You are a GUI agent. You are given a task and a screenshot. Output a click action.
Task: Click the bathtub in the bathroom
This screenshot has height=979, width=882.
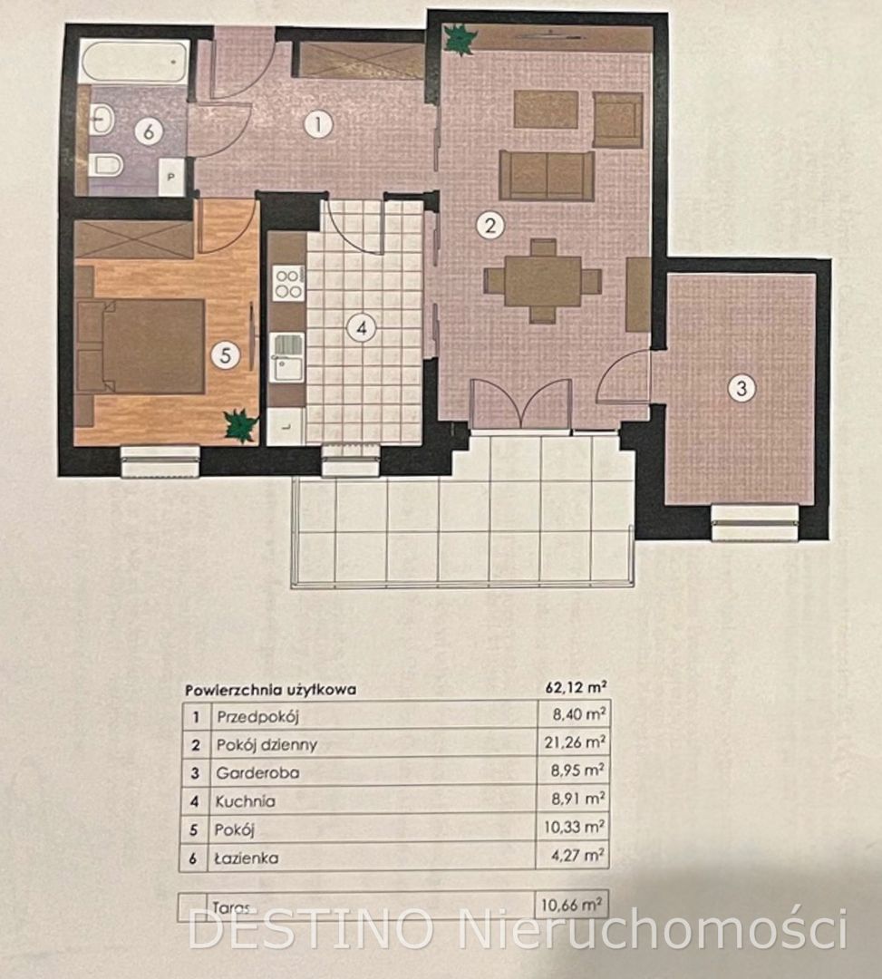[133, 62]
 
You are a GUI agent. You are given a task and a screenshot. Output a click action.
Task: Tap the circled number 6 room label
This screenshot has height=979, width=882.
[149, 131]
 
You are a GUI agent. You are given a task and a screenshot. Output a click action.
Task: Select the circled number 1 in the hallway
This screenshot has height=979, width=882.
[318, 124]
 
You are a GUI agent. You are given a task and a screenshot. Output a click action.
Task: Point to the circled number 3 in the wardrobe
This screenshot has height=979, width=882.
[741, 388]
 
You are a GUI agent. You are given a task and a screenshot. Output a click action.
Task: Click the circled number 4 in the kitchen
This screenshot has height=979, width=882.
[361, 327]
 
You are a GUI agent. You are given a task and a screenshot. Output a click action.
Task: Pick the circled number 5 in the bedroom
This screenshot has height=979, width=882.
[226, 355]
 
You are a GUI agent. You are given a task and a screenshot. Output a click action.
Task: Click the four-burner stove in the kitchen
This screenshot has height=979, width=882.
[288, 284]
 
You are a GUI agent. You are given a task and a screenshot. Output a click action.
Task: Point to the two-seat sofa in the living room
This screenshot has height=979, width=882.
[547, 176]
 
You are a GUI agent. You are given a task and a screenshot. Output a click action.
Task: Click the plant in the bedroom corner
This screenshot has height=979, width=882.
[241, 425]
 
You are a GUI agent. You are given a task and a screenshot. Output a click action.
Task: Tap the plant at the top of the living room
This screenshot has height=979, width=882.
[460, 39]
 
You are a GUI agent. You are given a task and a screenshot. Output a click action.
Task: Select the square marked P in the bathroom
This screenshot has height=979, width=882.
[171, 178]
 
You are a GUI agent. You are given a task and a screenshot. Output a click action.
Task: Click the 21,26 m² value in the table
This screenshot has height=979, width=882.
[578, 742]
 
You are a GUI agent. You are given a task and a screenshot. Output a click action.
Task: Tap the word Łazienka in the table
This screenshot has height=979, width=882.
[247, 858]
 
